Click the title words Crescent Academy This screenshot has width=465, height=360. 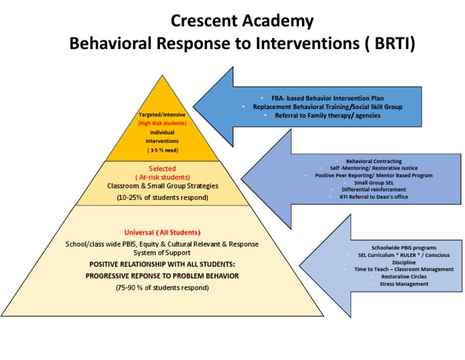click(x=242, y=21)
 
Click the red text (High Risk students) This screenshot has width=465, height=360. click(x=162, y=123)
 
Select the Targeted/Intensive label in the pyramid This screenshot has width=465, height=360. click(x=162, y=115)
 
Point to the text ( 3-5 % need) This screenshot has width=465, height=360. click(x=162, y=149)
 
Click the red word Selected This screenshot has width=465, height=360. click(x=162, y=168)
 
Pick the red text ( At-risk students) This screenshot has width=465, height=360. click(x=162, y=177)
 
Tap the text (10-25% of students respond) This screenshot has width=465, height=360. click(x=162, y=197)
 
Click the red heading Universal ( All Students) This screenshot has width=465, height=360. click(x=162, y=232)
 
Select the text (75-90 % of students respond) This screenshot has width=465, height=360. click(x=162, y=287)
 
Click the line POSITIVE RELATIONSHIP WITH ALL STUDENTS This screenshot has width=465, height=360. click(x=162, y=265)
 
